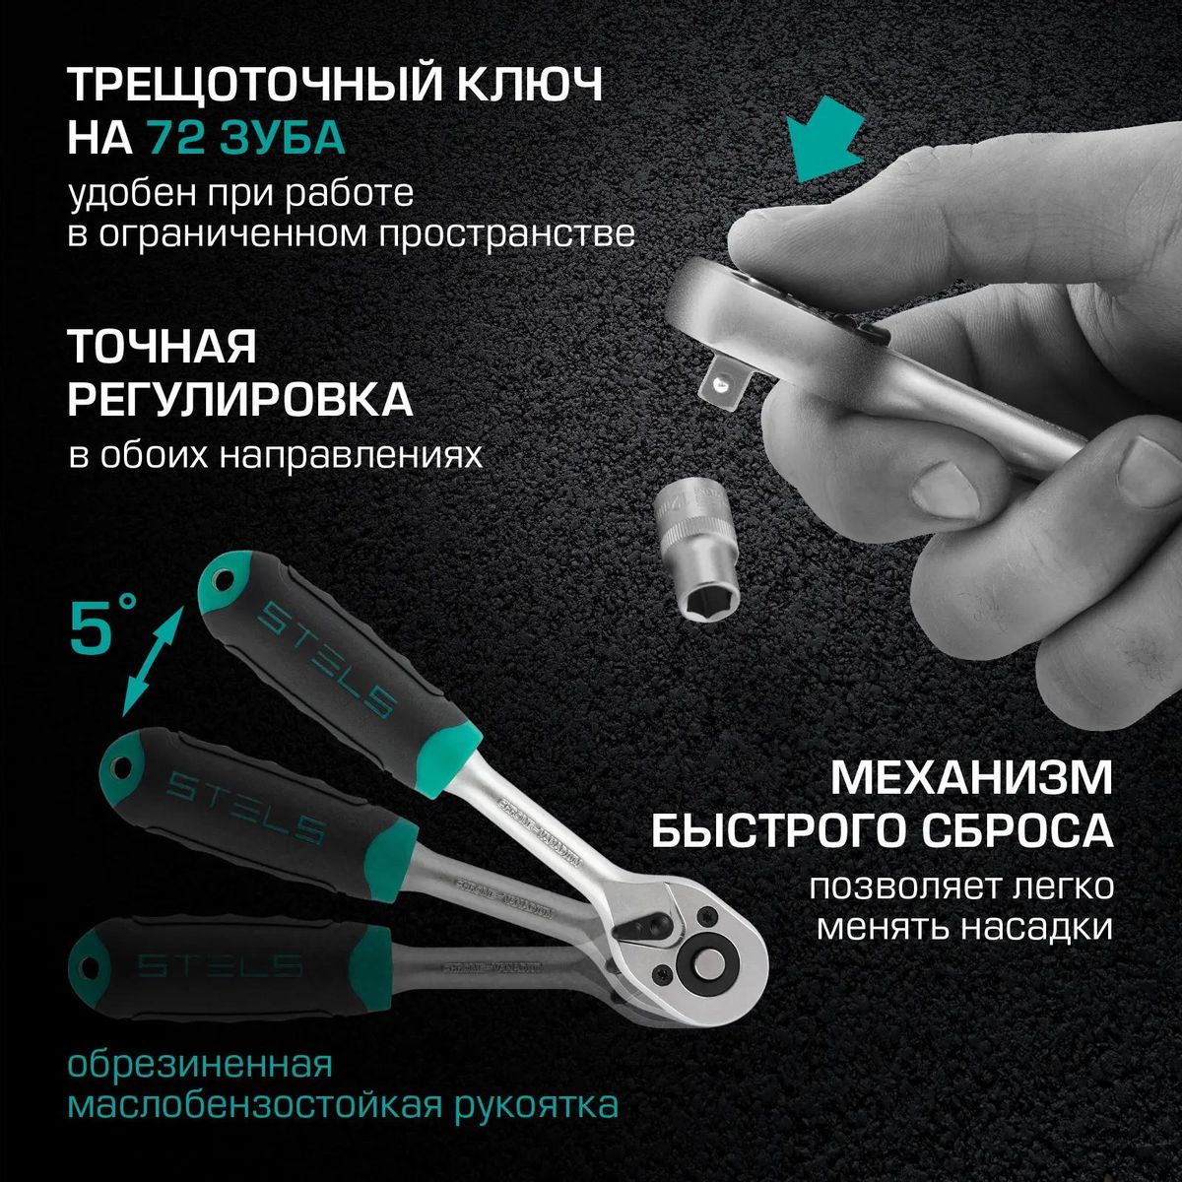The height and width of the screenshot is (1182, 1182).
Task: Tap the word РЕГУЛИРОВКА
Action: click(239, 401)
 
